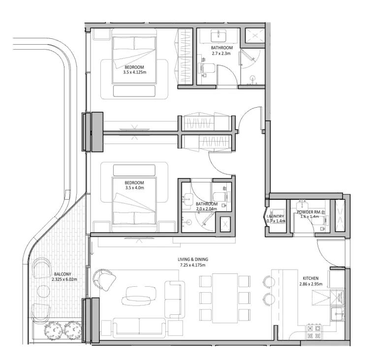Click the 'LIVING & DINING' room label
[x=193, y=260]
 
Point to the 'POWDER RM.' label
[x=309, y=211]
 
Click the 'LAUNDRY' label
[x=275, y=216]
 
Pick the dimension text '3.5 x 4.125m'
[x=135, y=72]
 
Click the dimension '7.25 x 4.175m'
[x=193, y=266]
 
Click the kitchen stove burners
[x=314, y=331]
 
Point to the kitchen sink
[x=337, y=313]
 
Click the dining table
[x=225, y=298]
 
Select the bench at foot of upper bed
[x=134, y=91]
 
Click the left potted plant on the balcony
[x=52, y=331]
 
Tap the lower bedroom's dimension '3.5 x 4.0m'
[x=134, y=187]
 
